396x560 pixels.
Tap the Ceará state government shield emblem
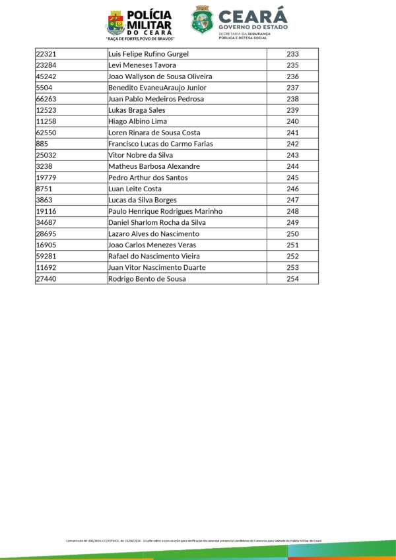pyautogui.click(x=202, y=20)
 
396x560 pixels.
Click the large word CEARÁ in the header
pyautogui.click(x=253, y=16)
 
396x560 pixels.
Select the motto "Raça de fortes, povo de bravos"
pyautogui.click(x=141, y=39)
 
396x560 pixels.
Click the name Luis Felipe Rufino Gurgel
pyautogui.click(x=148, y=54)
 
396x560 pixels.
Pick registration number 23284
pyautogui.click(x=46, y=65)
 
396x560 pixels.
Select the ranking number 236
pyautogui.click(x=293, y=77)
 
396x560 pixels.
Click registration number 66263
pyautogui.click(x=46, y=99)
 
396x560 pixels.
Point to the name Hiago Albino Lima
pyautogui.click(x=137, y=121)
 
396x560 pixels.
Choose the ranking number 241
pyautogui.click(x=293, y=133)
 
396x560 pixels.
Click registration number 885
pyautogui.click(x=42, y=144)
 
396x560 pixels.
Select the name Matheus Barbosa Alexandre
pyautogui.click(x=154, y=166)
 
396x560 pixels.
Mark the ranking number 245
pyautogui.click(x=293, y=177)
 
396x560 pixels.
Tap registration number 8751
pyautogui.click(x=44, y=189)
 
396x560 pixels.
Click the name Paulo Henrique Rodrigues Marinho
pyautogui.click(x=165, y=211)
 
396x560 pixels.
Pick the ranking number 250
pyautogui.click(x=293, y=234)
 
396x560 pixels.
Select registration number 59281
pyautogui.click(x=46, y=257)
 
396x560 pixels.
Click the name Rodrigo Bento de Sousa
pyautogui.click(x=147, y=279)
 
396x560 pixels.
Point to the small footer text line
pyautogui.click(x=193, y=540)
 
